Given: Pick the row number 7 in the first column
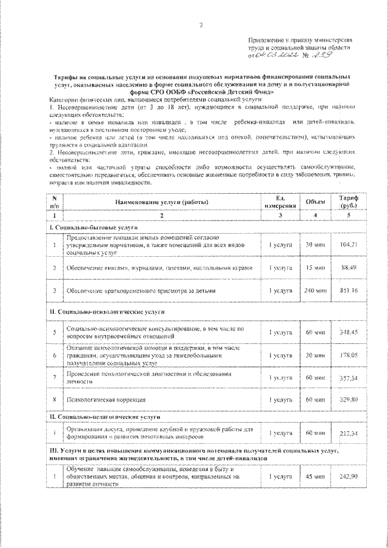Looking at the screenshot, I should [x=55, y=377].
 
